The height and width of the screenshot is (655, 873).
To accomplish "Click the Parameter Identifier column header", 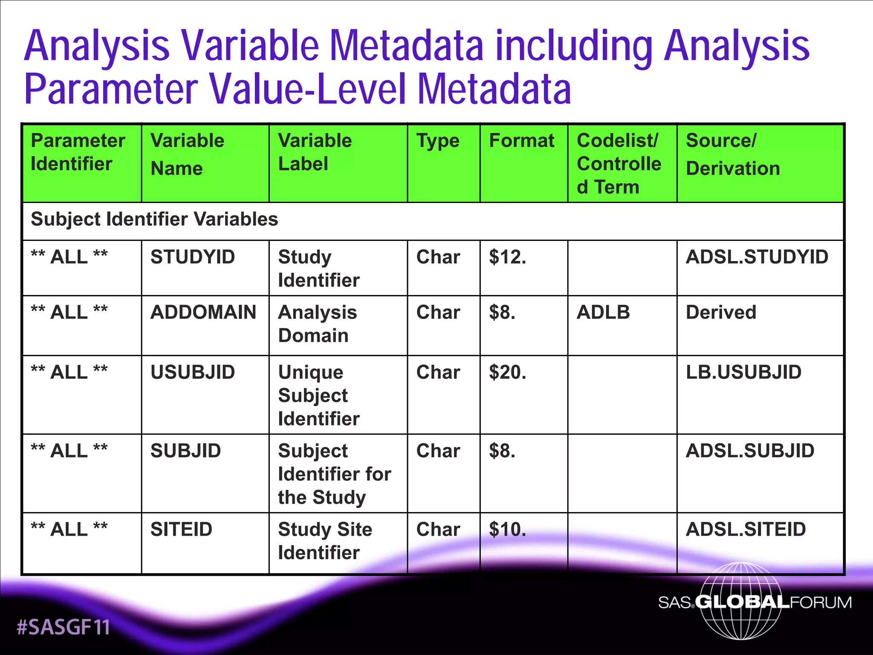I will tap(78, 152).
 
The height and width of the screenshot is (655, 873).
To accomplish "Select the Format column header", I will tap(521, 141).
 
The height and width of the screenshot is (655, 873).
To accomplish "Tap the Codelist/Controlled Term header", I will tap(619, 164).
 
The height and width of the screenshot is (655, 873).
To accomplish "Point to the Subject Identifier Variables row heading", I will tap(154, 219).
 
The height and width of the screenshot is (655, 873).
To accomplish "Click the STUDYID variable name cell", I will tap(193, 257).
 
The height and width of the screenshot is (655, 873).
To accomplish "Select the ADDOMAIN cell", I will tap(203, 312).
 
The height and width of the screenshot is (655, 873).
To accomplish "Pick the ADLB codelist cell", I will tap(603, 312).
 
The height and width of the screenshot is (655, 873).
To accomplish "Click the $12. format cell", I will tap(507, 257).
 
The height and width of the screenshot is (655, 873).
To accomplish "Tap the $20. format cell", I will tap(507, 372).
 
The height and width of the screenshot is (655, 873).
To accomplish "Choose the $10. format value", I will tap(507, 529).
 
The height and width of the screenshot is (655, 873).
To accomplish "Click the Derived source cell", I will tap(721, 312).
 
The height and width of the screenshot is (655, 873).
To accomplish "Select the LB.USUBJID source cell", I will tap(743, 372).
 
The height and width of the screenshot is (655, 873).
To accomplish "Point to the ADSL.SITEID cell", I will tap(746, 529).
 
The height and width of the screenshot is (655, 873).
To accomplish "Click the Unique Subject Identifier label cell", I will tap(319, 395).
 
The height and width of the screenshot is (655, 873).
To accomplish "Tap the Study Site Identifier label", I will tap(325, 541).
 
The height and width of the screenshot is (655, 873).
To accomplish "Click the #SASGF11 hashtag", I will tap(63, 627).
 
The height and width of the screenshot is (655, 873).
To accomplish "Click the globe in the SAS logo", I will tap(741, 601).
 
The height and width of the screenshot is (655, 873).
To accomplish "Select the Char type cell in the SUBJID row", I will tap(438, 451).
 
